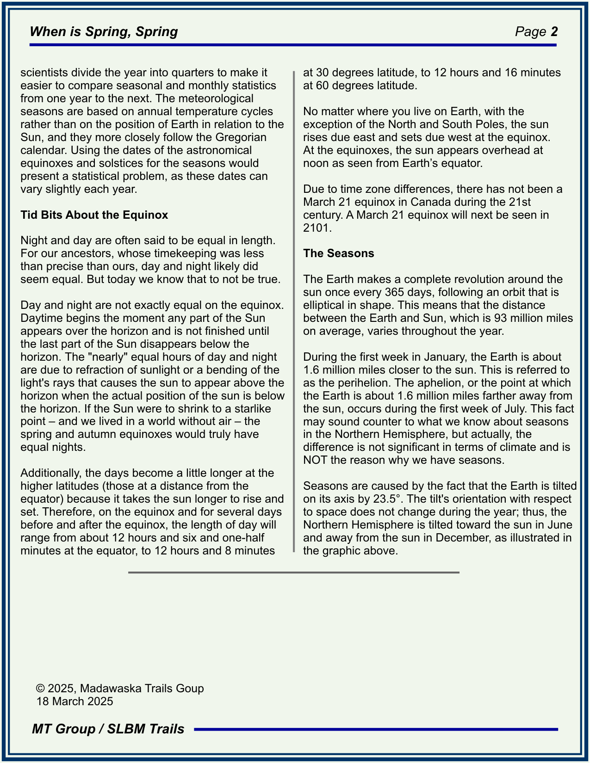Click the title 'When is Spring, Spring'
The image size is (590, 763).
pyautogui.click(x=104, y=31)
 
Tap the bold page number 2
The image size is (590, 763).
pyautogui.click(x=554, y=31)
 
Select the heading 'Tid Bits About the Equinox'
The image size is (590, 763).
pyautogui.click(x=94, y=215)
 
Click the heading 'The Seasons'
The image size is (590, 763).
pyautogui.click(x=338, y=253)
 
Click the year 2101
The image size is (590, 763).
pyautogui.click(x=317, y=228)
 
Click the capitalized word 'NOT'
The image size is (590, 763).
pyautogui.click(x=315, y=460)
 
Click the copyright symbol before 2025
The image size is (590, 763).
pyautogui.click(x=40, y=689)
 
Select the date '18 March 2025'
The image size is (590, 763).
pyautogui.click(x=75, y=701)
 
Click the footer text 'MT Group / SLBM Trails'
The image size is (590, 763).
pyautogui.click(x=108, y=729)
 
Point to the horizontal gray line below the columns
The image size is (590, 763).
pyautogui.click(x=293, y=572)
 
